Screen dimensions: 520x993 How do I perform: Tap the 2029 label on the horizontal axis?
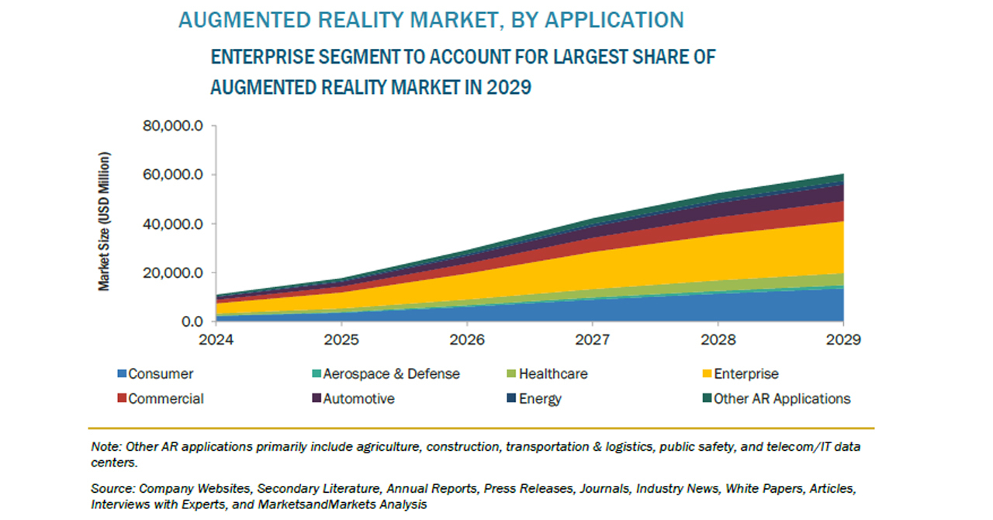point(842,339)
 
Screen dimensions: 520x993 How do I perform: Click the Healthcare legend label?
point(553,374)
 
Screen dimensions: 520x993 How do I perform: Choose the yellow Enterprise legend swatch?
point(706,375)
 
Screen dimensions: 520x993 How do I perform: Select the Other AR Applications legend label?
point(782,399)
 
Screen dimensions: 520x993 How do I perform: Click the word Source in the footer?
point(113,489)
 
